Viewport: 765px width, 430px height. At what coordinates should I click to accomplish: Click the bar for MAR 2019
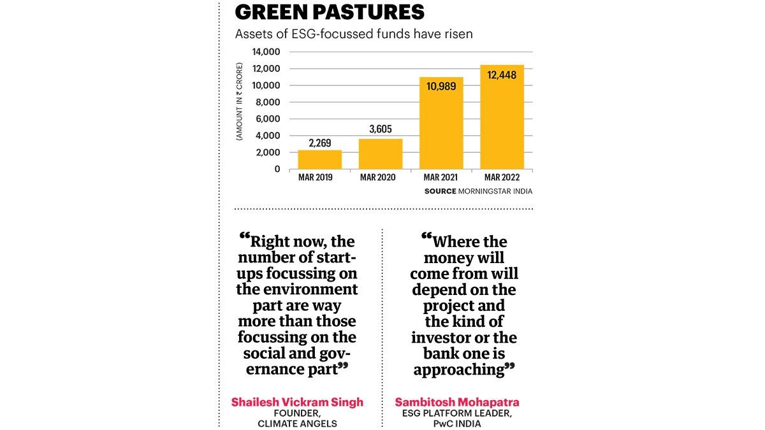(x=319, y=159)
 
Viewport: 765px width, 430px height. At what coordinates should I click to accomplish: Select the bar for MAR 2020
(x=380, y=154)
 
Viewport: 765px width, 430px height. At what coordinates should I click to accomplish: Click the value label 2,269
(x=319, y=143)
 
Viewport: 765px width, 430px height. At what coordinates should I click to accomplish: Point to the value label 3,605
(x=381, y=129)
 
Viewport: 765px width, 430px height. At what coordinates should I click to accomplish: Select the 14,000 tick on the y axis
(x=267, y=52)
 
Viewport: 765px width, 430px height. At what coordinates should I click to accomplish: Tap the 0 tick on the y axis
(x=277, y=169)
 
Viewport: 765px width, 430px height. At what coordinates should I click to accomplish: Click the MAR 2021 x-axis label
(x=441, y=177)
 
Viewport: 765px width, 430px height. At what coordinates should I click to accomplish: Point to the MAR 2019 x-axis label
(x=319, y=177)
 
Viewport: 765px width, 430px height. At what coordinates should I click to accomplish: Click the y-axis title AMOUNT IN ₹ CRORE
(x=240, y=102)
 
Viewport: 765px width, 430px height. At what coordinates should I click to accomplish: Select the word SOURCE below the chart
(x=440, y=191)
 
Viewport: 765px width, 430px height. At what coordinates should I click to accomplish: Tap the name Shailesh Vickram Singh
(x=297, y=402)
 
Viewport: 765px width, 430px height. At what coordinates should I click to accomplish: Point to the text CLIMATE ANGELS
(x=297, y=423)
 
